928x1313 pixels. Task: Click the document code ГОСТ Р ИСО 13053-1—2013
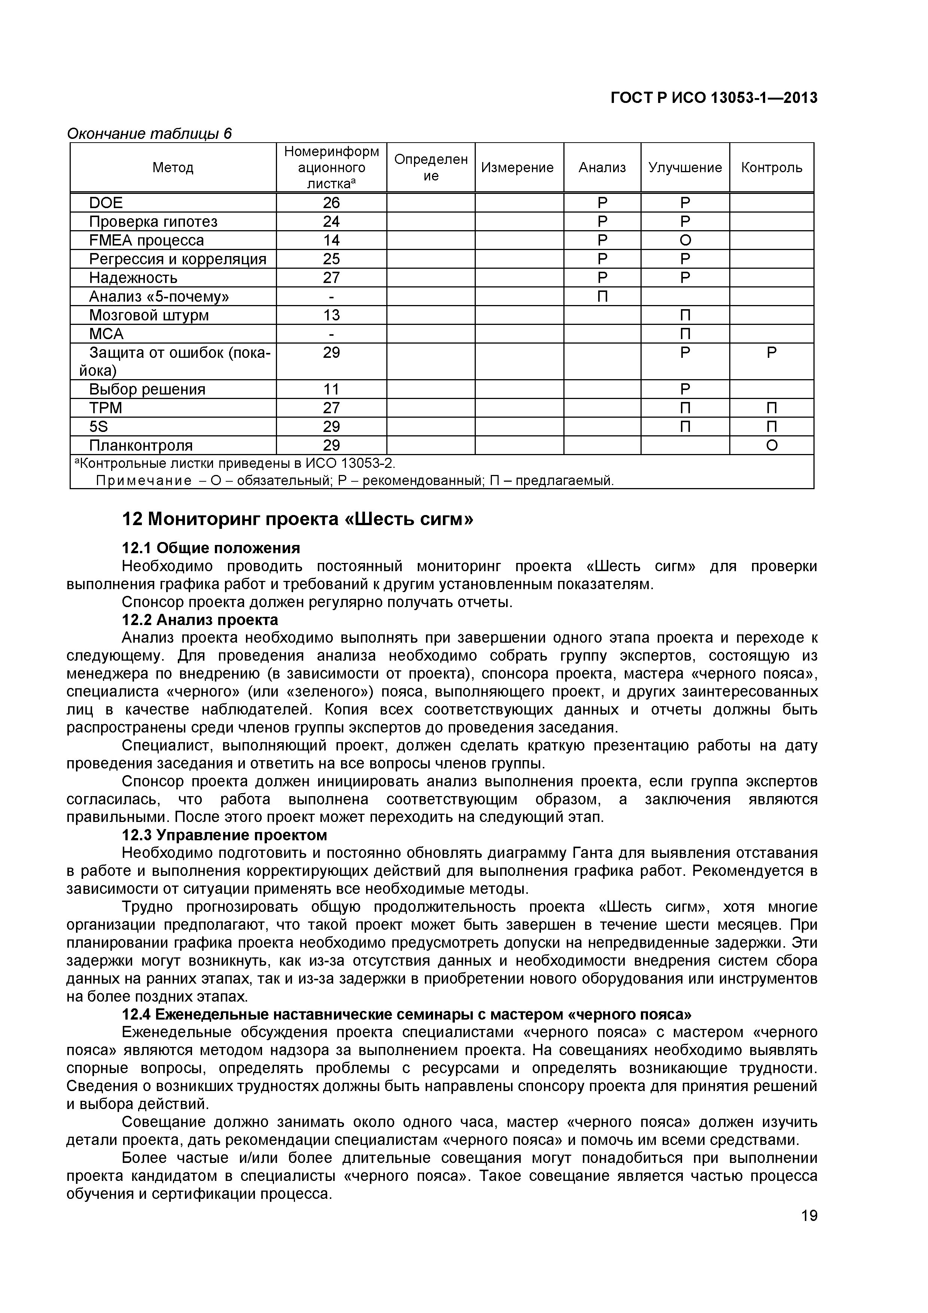pos(714,98)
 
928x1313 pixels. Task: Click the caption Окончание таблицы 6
pos(149,134)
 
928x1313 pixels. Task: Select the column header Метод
pos(173,168)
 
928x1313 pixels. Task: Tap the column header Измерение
pos(517,168)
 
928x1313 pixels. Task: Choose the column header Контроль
pos(771,168)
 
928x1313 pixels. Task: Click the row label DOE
pos(106,203)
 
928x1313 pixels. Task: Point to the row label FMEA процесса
pos(146,240)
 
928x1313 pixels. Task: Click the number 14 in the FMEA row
pos(331,240)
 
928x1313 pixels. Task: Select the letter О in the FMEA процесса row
pos(685,240)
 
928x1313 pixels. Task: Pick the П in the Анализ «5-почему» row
pos(602,296)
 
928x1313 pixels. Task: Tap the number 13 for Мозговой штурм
pos(331,315)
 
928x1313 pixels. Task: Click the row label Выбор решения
pos(147,389)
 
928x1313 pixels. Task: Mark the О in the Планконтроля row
pos(771,445)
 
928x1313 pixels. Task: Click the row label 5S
pos(98,427)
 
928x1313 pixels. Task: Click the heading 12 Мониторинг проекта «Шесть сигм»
pos(297,519)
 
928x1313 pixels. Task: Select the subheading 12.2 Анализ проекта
pos(200,620)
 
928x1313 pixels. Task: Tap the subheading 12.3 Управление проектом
pos(225,835)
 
